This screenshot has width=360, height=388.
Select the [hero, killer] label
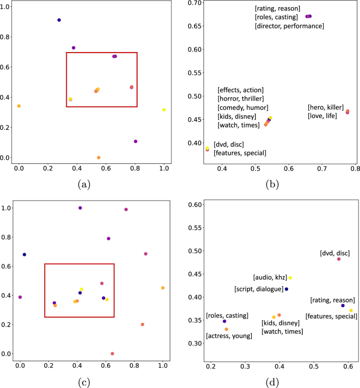tap(325, 107)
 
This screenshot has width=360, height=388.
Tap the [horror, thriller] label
tap(240, 99)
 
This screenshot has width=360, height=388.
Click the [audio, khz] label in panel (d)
tap(269, 277)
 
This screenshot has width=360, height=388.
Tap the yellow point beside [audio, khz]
tap(290, 278)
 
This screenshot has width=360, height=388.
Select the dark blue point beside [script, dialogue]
tap(286, 289)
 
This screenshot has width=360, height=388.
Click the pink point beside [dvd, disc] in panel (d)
tap(339, 259)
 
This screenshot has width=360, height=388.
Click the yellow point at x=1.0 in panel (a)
tap(164, 110)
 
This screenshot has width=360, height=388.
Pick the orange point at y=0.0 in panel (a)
tap(99, 158)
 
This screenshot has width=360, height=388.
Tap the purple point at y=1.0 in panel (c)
tap(80, 208)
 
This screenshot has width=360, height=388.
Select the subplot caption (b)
tap(274, 184)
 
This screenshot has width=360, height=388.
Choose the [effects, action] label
tap(240, 90)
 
